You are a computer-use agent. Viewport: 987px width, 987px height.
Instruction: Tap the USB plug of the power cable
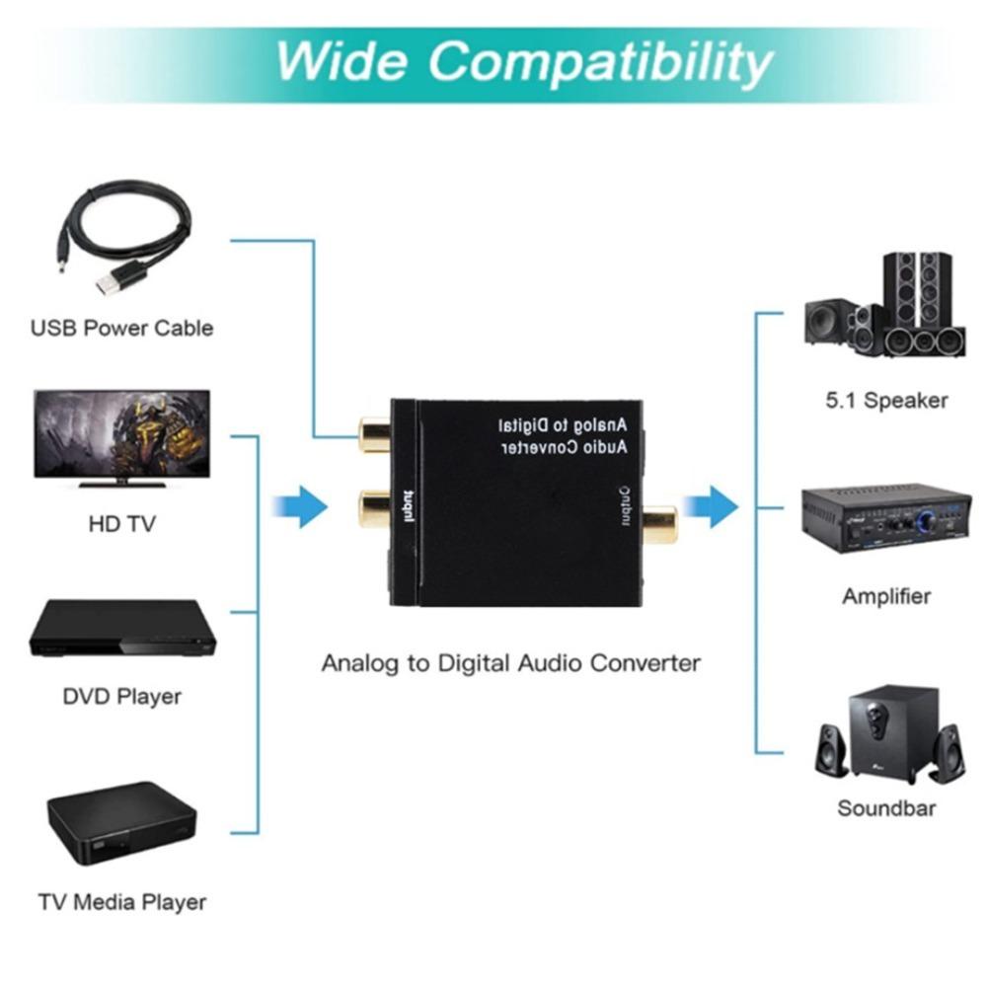111,280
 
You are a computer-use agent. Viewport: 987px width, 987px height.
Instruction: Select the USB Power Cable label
121,328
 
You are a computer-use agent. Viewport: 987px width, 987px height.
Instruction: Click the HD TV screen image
121,434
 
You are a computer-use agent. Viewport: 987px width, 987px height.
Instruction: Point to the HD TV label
121,524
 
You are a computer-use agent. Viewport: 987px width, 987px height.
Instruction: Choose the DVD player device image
121,632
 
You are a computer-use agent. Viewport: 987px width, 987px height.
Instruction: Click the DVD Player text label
121,697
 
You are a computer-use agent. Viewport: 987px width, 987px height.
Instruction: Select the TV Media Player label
121,901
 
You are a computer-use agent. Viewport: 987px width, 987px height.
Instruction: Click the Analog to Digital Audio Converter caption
510,662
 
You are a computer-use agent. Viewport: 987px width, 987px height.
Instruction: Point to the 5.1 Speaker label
885,401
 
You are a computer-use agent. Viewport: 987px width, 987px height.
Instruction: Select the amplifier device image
885,518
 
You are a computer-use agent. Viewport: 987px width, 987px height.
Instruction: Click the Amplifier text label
885,596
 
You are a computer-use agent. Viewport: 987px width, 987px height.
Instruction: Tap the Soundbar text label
885,808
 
